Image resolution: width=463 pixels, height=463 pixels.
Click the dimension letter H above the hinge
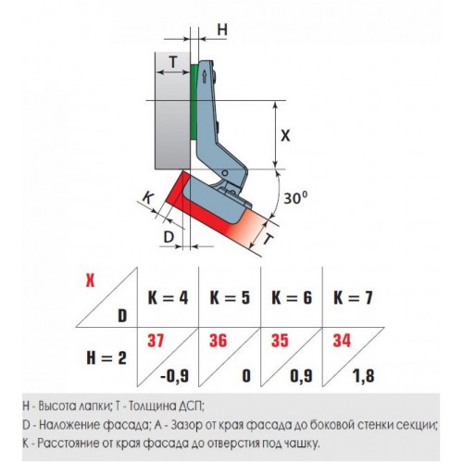[222, 30]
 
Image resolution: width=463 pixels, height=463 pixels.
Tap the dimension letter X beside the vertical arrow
[285, 135]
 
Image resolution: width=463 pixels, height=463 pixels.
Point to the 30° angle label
[296, 197]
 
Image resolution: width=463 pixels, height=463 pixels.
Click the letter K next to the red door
[148, 197]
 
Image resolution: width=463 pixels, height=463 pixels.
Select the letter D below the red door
[169, 237]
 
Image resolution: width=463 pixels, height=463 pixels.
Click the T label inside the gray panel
[173, 63]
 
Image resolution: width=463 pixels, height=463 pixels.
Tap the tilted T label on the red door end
[269, 239]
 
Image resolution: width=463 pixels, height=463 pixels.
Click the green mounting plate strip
[194, 102]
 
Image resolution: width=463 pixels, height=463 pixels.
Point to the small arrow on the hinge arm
[204, 77]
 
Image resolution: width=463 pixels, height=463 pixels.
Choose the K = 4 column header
[168, 298]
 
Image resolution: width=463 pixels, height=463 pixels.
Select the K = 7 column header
[353, 298]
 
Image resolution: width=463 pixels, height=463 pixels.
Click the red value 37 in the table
[156, 341]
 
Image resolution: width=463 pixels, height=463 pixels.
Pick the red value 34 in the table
[342, 341]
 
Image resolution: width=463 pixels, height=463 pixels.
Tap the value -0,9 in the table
[175, 376]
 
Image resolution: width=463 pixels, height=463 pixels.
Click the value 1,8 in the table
[363, 376]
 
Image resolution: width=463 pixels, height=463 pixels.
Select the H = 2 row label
[106, 358]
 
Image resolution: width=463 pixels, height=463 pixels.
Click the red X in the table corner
[90, 281]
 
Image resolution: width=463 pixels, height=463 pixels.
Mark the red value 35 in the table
[280, 341]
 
